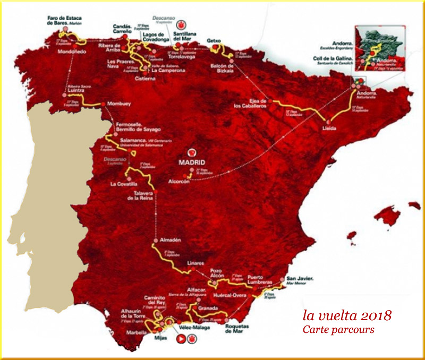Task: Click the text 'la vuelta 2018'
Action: tap(347, 315)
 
